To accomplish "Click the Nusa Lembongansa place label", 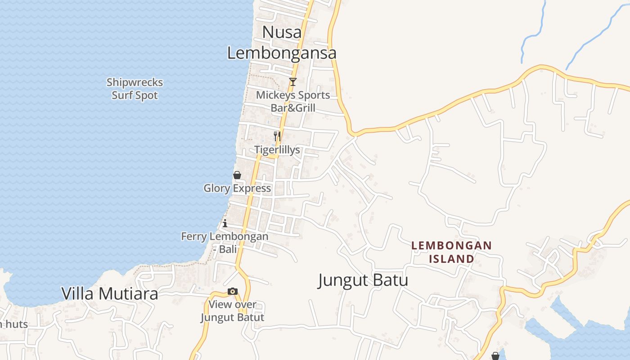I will click(x=282, y=42).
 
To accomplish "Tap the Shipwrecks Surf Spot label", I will click(x=135, y=89).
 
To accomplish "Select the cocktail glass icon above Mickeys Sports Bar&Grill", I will click(x=293, y=81).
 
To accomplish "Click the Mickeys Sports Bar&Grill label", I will click(x=293, y=101).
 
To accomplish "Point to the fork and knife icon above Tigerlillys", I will click(x=277, y=136).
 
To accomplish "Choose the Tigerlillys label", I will click(x=277, y=150).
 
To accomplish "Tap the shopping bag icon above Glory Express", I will click(x=237, y=175).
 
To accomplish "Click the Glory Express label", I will click(x=237, y=188).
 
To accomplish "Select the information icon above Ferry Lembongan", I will click(x=225, y=223).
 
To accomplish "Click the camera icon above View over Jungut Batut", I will click(x=232, y=291).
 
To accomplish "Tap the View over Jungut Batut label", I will click(x=232, y=310).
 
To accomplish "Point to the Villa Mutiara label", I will click(x=110, y=293).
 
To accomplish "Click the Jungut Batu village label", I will click(x=363, y=280).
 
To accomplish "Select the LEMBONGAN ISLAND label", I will click(x=451, y=252).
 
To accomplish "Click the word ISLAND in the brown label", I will click(x=451, y=259).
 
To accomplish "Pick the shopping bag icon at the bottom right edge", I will click(x=495, y=356).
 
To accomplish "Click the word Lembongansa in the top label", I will click(x=282, y=53).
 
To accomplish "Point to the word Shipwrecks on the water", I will click(x=135, y=82).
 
